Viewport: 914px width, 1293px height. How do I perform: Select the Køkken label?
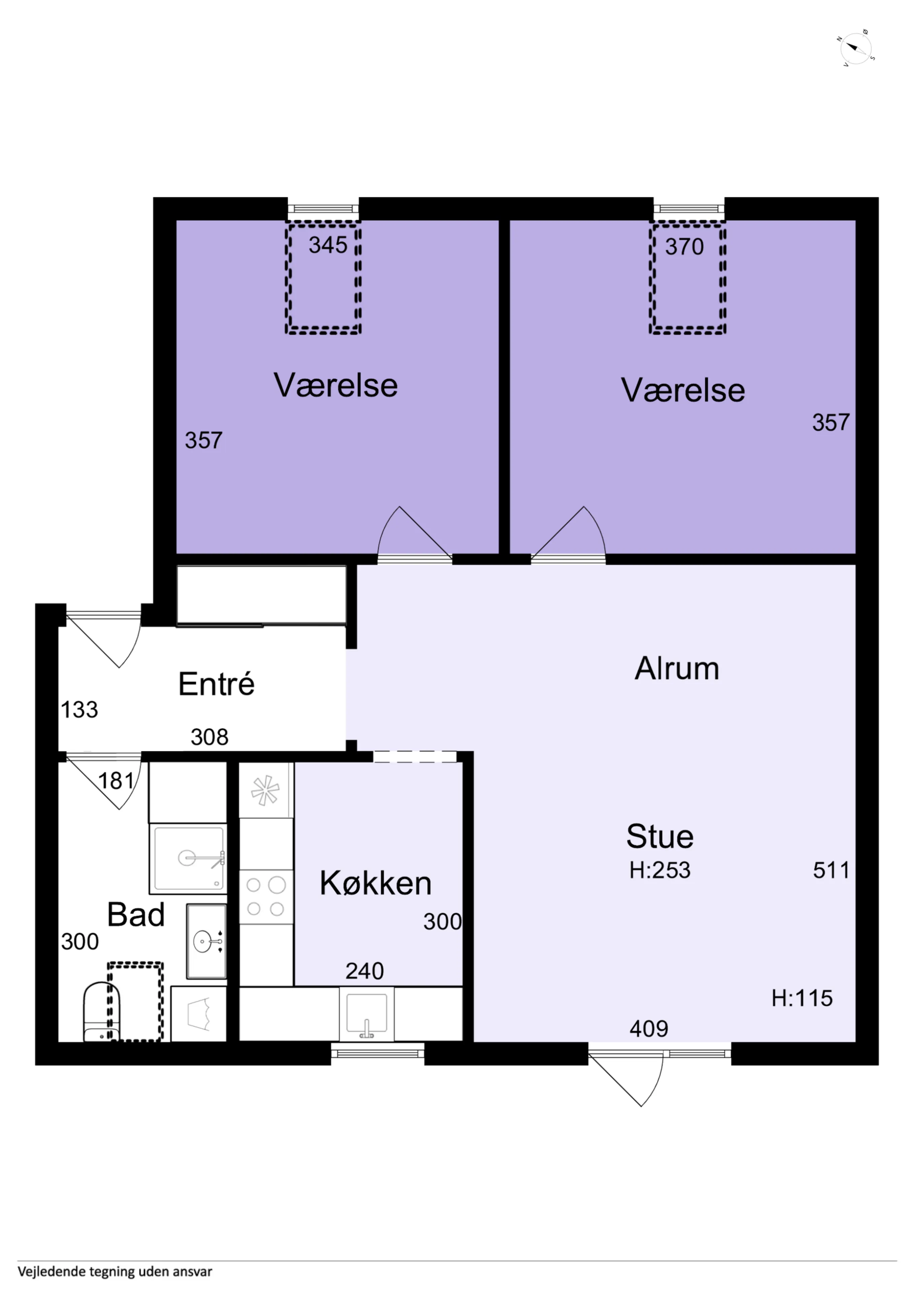pyautogui.click(x=376, y=883)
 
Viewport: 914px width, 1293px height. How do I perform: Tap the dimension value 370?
pyautogui.click(x=684, y=247)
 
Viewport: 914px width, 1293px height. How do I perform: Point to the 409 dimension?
pyautogui.click(x=649, y=1029)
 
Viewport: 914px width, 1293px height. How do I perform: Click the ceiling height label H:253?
pyautogui.click(x=659, y=870)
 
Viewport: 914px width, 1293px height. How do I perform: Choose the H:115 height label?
pyautogui.click(x=802, y=998)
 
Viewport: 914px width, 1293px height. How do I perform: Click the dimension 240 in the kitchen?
pyautogui.click(x=364, y=971)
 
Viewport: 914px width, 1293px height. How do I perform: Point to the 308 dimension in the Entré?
pyautogui.click(x=209, y=737)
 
